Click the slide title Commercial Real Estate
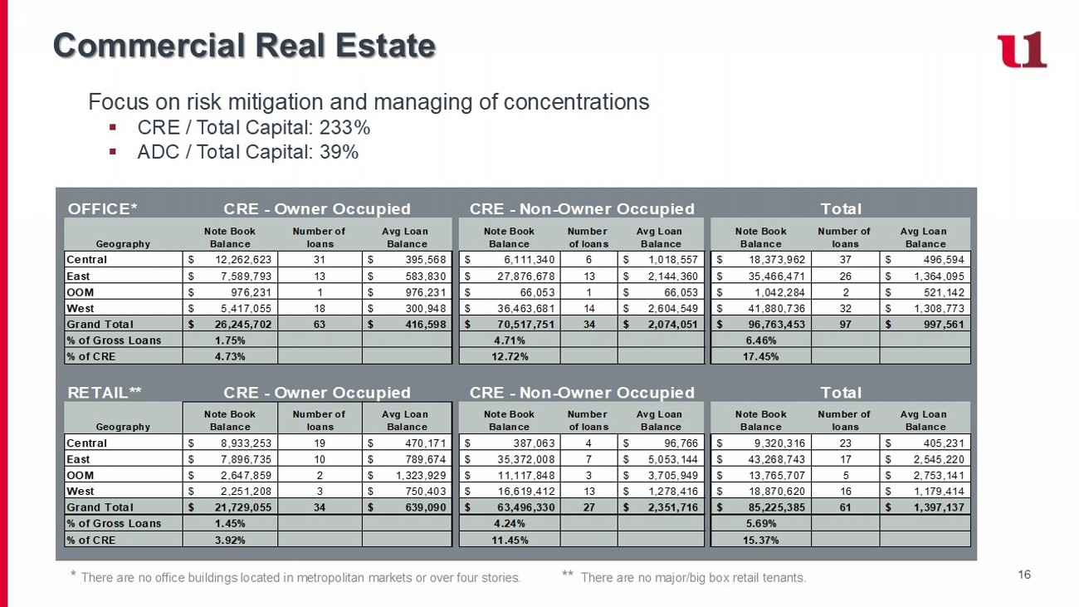[244, 46]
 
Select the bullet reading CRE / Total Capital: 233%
[253, 128]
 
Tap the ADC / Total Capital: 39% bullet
[247, 152]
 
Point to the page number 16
[1023, 574]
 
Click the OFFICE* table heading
[102, 208]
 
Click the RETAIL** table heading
[104, 392]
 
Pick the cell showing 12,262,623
[239, 260]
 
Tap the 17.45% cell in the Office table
[759, 356]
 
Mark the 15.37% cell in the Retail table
[759, 540]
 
